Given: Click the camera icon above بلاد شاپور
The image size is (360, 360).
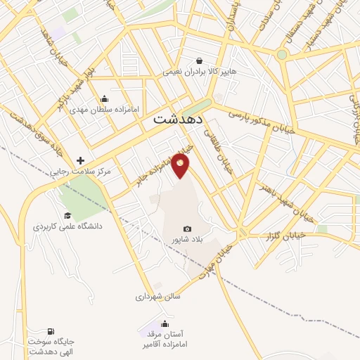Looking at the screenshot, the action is pos(188,229).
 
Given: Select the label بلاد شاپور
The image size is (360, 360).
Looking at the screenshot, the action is pos(187,240).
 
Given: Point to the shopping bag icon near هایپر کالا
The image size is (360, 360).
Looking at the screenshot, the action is pos(200,60).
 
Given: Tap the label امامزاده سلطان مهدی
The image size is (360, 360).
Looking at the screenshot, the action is pos(105,110).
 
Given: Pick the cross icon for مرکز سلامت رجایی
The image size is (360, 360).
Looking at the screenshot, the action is pos(81,161).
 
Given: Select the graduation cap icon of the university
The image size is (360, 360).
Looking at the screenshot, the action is pos(67,216).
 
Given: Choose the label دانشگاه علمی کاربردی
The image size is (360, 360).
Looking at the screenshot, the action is pos(67,226).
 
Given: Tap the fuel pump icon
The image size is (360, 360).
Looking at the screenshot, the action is pos(51,331).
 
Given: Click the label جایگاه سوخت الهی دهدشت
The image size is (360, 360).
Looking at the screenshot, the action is pos(51,346).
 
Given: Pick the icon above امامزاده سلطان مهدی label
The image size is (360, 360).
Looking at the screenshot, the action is pos(105,99).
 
